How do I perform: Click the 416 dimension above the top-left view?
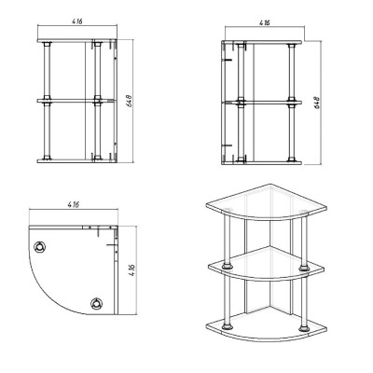(77, 21)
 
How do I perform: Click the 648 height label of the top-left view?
(130, 101)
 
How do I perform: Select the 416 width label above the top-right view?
(265, 22)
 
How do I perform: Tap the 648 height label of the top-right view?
(317, 103)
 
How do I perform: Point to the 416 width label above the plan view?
(74, 204)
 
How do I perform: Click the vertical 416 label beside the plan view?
(131, 270)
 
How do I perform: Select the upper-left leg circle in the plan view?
(40, 247)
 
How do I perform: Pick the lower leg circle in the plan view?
(97, 303)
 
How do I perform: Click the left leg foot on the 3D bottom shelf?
(228, 327)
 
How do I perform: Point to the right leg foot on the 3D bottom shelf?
(304, 328)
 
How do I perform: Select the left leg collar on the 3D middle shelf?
(228, 267)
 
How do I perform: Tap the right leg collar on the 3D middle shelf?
(304, 268)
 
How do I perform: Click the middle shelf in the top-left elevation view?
(76, 101)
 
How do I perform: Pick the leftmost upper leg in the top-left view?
(47, 71)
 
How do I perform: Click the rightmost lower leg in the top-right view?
(292, 133)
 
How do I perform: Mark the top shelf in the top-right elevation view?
(262, 42)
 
